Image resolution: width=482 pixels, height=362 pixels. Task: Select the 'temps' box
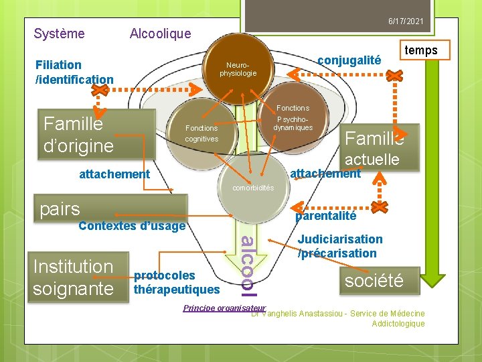pos(421,50)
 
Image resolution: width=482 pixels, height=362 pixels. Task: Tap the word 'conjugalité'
pos(349,60)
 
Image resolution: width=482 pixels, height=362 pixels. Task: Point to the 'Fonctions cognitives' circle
pos(202,133)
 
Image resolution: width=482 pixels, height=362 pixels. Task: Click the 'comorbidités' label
pos(253,188)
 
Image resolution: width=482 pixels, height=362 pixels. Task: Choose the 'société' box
pos(374,280)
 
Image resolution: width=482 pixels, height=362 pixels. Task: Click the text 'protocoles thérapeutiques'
pos(177,282)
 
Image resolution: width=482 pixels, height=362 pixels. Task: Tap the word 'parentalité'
pos(325,216)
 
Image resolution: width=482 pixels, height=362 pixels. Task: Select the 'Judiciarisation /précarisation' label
pos(340,246)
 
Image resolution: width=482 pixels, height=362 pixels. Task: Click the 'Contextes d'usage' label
pos(131,226)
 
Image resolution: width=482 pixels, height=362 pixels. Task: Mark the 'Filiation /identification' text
pos(74,72)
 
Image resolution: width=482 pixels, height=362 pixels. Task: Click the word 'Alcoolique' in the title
pos(160,34)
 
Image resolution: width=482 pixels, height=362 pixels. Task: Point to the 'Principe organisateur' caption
pos(224,308)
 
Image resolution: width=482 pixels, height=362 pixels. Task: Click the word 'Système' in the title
pos(60,34)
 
